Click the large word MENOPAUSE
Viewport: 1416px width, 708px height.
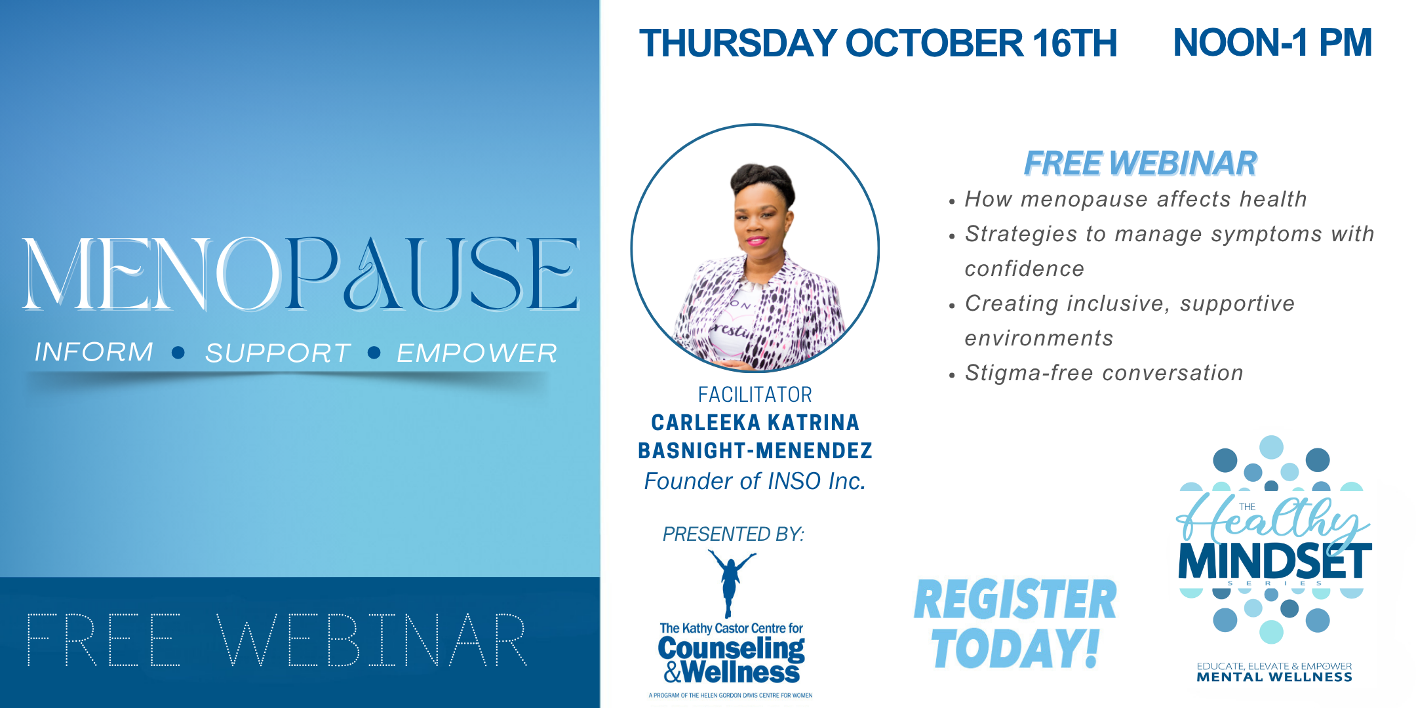pos(300,273)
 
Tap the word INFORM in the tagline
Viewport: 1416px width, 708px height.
pos(94,352)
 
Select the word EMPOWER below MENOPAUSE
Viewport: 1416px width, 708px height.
pos(477,353)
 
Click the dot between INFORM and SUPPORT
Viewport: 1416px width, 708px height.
pos(178,353)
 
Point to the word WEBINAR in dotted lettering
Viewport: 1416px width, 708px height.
pos(372,640)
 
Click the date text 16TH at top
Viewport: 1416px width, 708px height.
pos(1074,43)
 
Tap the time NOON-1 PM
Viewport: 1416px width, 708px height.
pos(1272,43)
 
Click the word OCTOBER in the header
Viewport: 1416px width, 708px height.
pos(935,43)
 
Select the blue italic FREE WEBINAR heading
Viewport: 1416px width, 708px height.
pos(1140,163)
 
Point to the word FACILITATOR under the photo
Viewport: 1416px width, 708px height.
pos(755,395)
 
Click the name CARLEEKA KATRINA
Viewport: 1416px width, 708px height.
pos(755,423)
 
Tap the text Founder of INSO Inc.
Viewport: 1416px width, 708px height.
pos(755,481)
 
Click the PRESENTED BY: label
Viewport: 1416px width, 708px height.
pos(733,534)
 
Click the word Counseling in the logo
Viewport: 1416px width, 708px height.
pos(731,649)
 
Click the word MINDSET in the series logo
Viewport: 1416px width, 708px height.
pos(1275,561)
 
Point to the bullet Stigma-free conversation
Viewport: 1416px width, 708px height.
pos(1104,373)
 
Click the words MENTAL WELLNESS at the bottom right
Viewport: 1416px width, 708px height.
pos(1274,677)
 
